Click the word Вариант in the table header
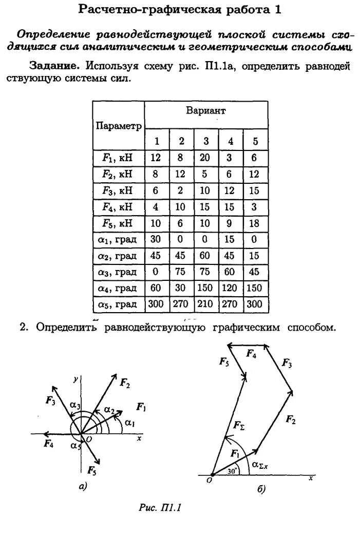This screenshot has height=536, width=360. click(x=205, y=111)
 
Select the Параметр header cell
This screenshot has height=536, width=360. click(x=118, y=126)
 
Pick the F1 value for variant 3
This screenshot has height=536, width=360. click(x=205, y=158)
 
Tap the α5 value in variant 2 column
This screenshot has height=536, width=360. click(x=181, y=304)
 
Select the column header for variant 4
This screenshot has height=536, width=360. click(x=231, y=142)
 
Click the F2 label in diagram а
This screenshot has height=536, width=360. click(x=124, y=382)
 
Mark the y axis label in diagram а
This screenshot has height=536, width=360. click(x=75, y=379)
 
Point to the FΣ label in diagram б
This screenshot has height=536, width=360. click(x=239, y=425)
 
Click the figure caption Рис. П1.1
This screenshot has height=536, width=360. click(x=161, y=508)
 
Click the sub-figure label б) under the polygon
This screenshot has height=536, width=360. click(x=261, y=490)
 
